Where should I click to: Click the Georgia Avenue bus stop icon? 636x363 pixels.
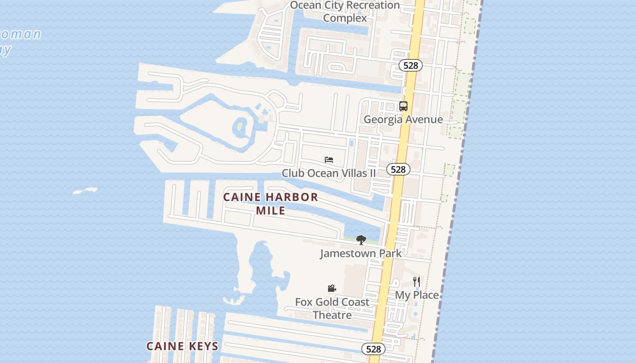(403, 106)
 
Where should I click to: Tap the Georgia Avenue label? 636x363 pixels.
(403, 119)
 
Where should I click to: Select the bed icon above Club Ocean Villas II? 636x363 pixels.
(329, 160)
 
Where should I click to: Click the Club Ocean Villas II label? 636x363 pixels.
(329, 173)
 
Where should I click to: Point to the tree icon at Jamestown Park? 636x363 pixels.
(361, 240)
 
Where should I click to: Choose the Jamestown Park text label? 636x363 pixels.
(361, 253)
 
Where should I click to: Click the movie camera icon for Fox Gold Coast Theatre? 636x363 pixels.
(332, 289)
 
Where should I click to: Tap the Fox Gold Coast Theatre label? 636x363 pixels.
(332, 309)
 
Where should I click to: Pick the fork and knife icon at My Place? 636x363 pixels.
(417, 282)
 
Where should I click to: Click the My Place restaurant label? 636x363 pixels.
(417, 295)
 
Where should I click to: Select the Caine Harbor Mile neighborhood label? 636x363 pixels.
(271, 204)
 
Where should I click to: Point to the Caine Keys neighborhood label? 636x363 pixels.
(182, 346)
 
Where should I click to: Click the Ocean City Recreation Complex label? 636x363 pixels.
(345, 12)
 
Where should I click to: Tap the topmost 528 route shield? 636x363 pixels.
(411, 65)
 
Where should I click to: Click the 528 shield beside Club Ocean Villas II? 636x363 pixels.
(398, 169)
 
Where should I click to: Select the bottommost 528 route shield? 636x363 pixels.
(373, 349)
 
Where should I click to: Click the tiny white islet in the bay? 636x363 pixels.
(85, 191)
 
